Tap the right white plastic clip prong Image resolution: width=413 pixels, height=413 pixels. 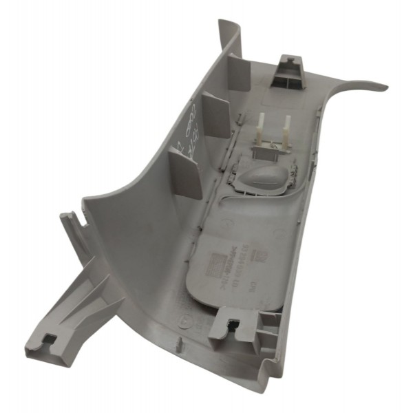(x=287, y=128)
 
